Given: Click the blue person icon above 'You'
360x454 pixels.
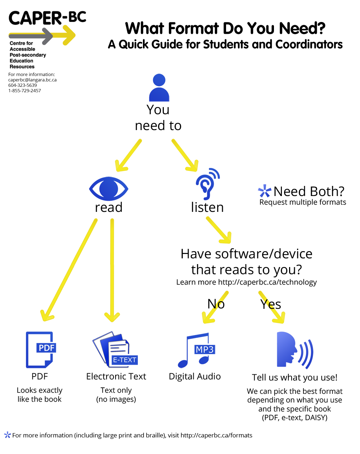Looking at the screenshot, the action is point(159,88).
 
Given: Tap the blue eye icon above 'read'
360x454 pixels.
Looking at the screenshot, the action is point(109,188).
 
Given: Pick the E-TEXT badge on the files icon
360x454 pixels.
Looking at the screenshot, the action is point(125,360).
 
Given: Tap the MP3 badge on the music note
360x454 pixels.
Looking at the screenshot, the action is point(204,350).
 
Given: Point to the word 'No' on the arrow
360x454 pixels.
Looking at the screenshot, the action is point(216,304).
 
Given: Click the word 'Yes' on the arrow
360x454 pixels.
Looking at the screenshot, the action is point(271,304).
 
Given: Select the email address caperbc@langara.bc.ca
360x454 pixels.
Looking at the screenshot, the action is point(32,80).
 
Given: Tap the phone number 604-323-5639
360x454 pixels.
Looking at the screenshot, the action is point(23,85).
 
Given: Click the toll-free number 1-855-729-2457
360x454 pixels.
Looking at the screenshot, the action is point(25,91).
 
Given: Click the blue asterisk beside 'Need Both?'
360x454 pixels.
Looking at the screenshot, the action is point(265,191).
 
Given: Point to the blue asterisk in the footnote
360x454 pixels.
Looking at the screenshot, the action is point(7,435).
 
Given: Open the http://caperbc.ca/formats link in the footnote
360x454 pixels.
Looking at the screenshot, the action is point(216,435).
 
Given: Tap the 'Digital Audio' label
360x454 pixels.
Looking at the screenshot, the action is point(195,377).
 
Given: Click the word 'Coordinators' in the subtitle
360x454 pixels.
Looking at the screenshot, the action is point(309,44).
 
